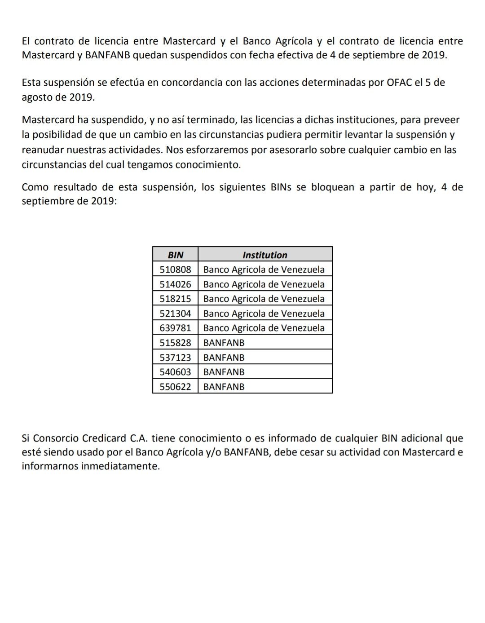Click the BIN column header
[175, 255]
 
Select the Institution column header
[265, 255]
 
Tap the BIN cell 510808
[175, 270]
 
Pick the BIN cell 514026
[175, 284]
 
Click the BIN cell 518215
[175, 299]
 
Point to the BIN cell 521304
[175, 314]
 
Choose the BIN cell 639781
[175, 328]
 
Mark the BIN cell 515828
[175, 343]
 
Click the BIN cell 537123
[175, 358]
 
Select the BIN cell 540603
[175, 372]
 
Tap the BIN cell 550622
[175, 386]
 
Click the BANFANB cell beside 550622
[224, 386]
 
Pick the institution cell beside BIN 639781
[264, 328]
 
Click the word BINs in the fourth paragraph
[281, 187]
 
